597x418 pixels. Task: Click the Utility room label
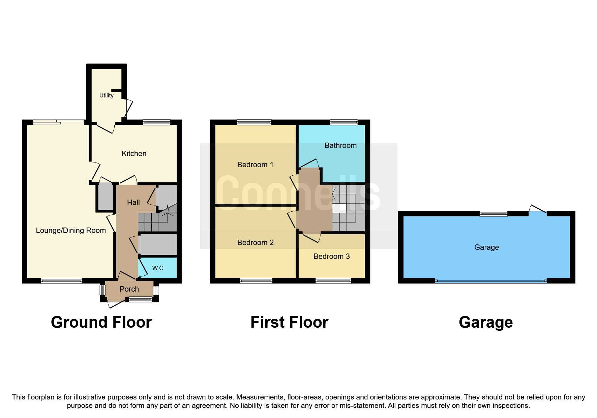pyautogui.click(x=106, y=95)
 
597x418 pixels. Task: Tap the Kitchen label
pyautogui.click(x=134, y=154)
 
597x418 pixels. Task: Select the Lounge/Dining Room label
pyautogui.click(x=71, y=231)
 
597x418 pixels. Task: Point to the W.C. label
pyautogui.click(x=158, y=268)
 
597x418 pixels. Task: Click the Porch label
pyautogui.click(x=129, y=289)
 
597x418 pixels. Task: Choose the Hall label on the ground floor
pyautogui.click(x=133, y=203)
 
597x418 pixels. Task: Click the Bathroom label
pyautogui.click(x=340, y=146)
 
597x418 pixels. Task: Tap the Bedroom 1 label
pyautogui.click(x=255, y=165)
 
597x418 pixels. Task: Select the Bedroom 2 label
pyautogui.click(x=255, y=243)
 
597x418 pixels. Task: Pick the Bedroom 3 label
pyautogui.click(x=331, y=257)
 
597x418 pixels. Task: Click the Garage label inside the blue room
pyautogui.click(x=486, y=247)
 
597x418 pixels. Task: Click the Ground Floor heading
pyautogui.click(x=101, y=322)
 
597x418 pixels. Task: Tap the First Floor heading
pyautogui.click(x=289, y=322)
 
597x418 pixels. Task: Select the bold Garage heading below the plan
pyautogui.click(x=486, y=322)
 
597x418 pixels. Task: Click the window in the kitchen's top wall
pyautogui.click(x=156, y=122)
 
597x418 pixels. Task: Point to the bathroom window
pyautogui.click(x=344, y=122)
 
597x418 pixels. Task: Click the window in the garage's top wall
pyautogui.click(x=494, y=213)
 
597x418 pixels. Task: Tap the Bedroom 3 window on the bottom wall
pyautogui.click(x=333, y=280)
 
